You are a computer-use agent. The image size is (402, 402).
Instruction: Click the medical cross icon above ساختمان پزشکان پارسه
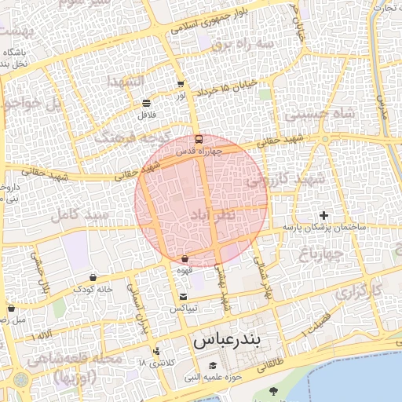324,215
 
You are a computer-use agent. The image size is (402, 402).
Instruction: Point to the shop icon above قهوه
185,259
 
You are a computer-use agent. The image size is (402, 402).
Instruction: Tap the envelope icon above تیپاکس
184,297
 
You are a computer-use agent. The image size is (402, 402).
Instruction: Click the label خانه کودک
93,289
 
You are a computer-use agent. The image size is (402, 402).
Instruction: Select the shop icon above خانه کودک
93,277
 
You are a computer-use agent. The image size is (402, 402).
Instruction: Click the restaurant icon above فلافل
146,103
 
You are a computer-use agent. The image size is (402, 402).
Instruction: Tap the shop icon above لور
181,83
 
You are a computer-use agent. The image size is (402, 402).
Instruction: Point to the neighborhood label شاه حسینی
320,113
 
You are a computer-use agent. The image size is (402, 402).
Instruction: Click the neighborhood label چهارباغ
321,254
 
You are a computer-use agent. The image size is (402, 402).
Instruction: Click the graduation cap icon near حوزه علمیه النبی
213,366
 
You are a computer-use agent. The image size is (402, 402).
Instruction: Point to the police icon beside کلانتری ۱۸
157,351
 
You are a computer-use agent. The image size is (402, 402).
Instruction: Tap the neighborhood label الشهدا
126,81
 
